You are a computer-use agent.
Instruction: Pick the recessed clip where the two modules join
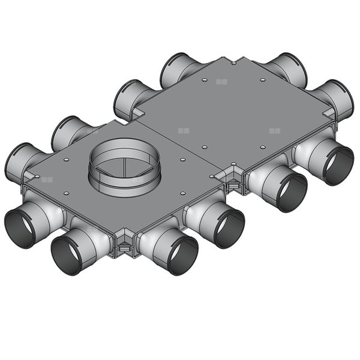(232, 183)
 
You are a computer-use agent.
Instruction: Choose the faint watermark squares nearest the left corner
(47, 179)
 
